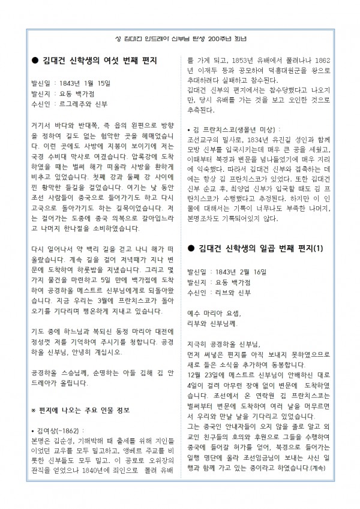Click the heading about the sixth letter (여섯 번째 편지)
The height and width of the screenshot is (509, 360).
[98, 62]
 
